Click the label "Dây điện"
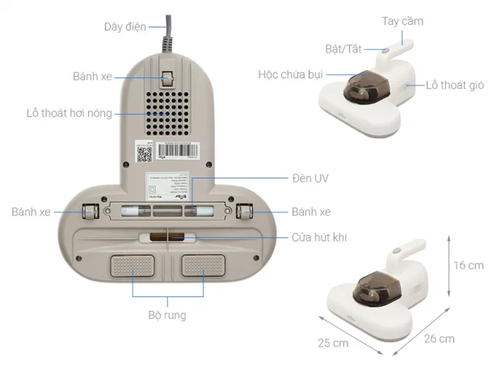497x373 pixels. (125, 27)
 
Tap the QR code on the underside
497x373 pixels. (144, 154)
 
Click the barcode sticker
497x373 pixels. (178, 150)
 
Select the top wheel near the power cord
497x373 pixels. (167, 78)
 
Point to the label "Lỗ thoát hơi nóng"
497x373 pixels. (69, 113)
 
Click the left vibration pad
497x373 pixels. (133, 266)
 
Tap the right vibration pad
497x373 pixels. (203, 266)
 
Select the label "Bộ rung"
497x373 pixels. (167, 315)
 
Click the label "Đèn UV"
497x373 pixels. (310, 178)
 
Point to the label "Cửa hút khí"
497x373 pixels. (319, 237)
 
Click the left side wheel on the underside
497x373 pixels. (91, 212)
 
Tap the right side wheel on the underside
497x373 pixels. (244, 212)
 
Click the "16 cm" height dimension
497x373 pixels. (469, 266)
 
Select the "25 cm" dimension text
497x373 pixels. (333, 343)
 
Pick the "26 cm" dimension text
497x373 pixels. (440, 338)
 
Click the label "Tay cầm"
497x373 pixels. (402, 21)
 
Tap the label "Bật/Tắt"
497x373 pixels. (343, 49)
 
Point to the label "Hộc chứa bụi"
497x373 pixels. (290, 75)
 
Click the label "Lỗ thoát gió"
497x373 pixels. (455, 85)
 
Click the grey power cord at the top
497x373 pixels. (168, 34)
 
